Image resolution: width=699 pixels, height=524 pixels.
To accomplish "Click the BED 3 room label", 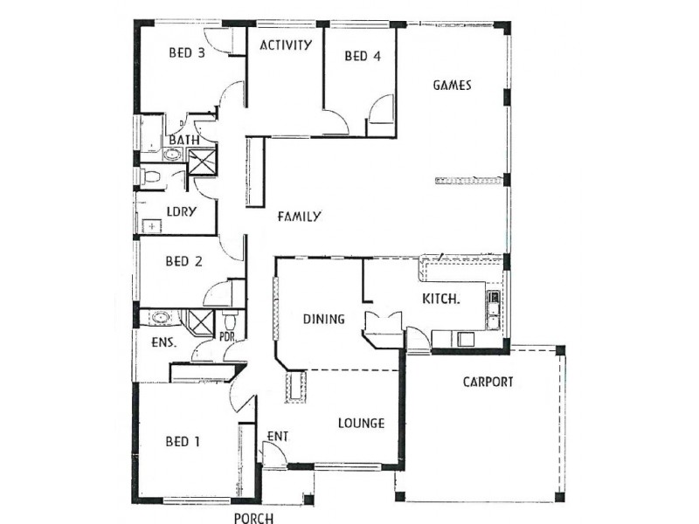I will pos(186,52).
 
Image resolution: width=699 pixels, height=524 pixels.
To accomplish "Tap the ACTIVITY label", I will pos(286,45).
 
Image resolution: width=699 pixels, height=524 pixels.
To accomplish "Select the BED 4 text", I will pos(363,57).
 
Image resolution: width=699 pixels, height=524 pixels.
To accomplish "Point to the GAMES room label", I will pos(453,86).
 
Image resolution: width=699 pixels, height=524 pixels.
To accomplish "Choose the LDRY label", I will pos(180,211).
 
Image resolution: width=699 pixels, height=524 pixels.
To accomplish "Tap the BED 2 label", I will pos(183,260).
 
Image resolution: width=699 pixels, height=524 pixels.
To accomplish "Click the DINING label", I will pos(323,319).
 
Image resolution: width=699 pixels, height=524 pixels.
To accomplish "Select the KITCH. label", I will pos(441,299).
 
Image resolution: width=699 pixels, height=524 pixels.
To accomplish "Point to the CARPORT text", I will pos(488,382).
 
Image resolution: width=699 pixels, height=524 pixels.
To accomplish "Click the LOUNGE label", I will pos(361,424).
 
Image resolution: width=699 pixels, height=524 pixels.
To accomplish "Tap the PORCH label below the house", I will pos(253,517).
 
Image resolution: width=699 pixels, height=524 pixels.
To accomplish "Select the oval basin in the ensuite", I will pos(160,317).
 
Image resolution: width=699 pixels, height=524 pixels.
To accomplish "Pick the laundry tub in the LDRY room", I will pos(153,226).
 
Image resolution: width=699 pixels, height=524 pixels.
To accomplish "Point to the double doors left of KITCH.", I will pos(383,327).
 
